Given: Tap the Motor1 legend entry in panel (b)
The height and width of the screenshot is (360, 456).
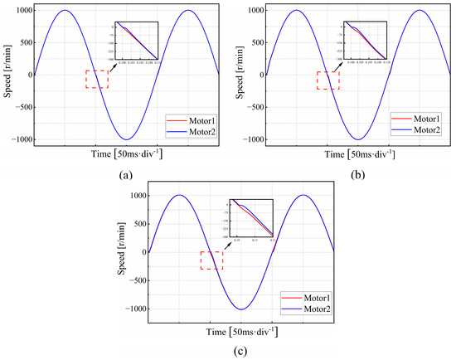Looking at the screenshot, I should point(424,119).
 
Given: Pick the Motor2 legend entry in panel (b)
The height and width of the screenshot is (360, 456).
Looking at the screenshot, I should point(424,129).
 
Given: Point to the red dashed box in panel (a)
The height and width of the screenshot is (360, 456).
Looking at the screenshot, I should point(96,80).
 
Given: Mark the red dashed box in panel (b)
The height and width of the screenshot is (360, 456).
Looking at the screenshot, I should point(328,80).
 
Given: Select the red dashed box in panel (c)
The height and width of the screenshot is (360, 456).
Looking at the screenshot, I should point(211,260).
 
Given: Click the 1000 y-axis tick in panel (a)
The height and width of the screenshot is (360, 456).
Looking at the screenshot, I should point(18,11).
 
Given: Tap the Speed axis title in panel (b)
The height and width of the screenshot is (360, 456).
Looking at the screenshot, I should point(238,75).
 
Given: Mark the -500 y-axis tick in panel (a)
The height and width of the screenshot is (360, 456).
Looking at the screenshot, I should point(20,107).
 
